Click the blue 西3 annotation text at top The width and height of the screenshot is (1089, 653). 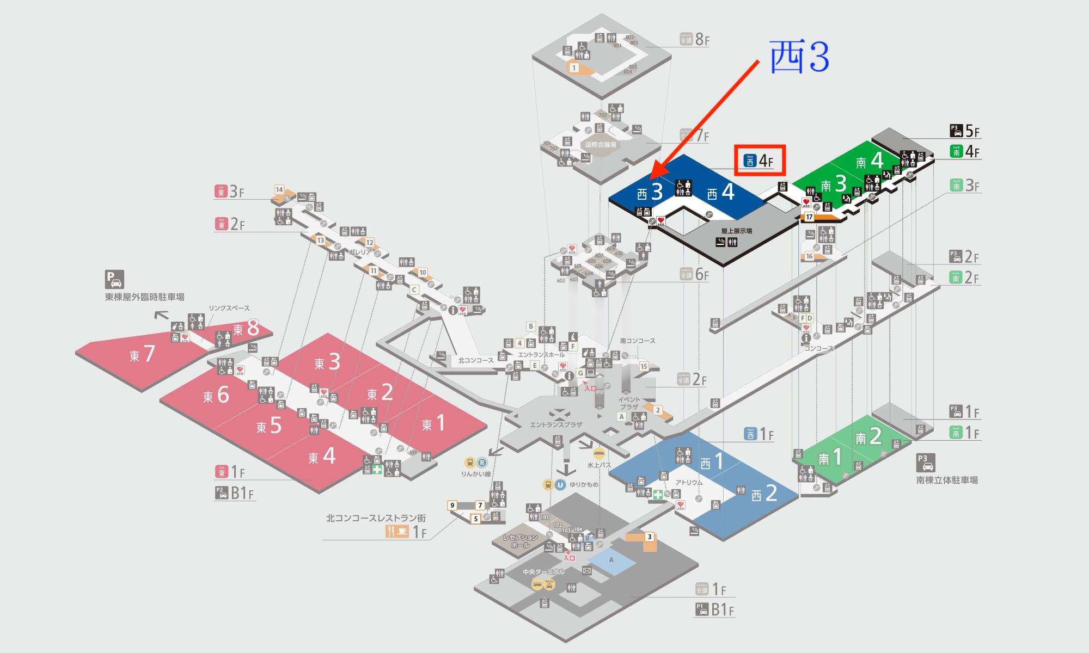click(x=799, y=58)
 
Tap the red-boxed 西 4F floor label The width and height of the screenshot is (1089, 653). click(x=759, y=161)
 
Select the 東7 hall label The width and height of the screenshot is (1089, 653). click(x=142, y=354)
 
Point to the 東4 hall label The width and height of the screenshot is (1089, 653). click(x=322, y=457)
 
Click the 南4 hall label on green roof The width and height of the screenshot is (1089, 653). click(x=869, y=161)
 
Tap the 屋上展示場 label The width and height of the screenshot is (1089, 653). click(x=736, y=231)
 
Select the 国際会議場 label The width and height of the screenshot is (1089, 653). click(x=601, y=145)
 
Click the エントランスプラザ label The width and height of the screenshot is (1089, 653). click(x=556, y=425)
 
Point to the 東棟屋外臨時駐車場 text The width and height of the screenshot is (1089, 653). click(x=144, y=297)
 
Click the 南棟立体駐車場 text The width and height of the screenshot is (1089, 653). click(x=947, y=480)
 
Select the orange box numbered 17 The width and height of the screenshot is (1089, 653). click(x=810, y=217)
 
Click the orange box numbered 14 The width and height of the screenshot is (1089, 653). click(x=279, y=189)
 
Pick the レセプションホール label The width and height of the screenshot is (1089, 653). click(x=520, y=541)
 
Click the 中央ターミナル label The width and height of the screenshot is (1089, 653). click(x=543, y=572)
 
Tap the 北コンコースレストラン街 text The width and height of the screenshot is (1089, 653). click(x=376, y=519)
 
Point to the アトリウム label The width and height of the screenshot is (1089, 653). click(x=689, y=483)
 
